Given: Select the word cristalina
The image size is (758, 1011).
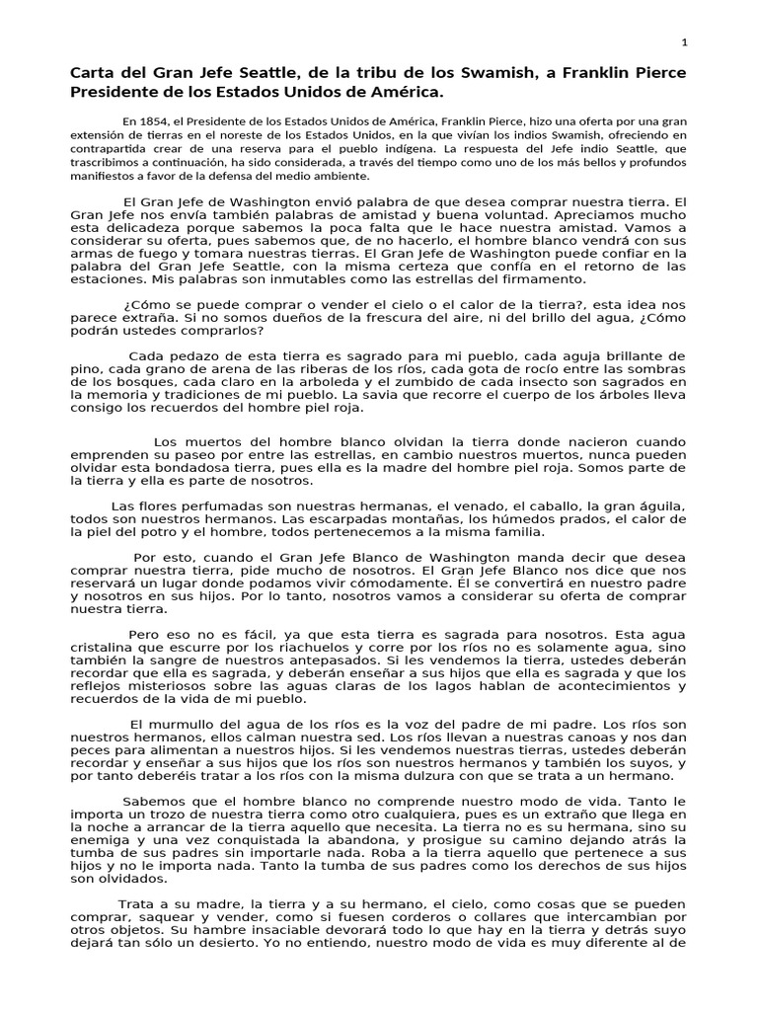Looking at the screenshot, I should [102, 648].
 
